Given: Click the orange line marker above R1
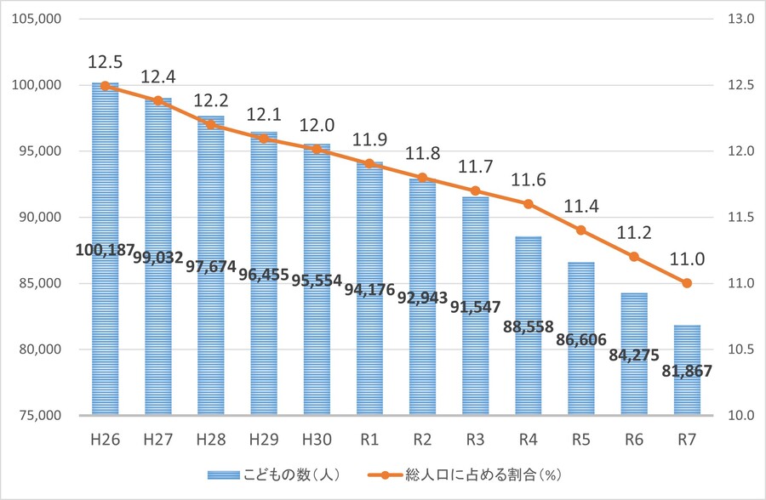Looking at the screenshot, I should click(x=369, y=163).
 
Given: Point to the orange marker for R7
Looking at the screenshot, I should click(x=687, y=283).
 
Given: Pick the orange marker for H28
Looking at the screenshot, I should click(x=211, y=124).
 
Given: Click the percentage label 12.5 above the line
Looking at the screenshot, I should click(x=105, y=63).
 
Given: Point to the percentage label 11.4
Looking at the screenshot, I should click(x=580, y=207).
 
